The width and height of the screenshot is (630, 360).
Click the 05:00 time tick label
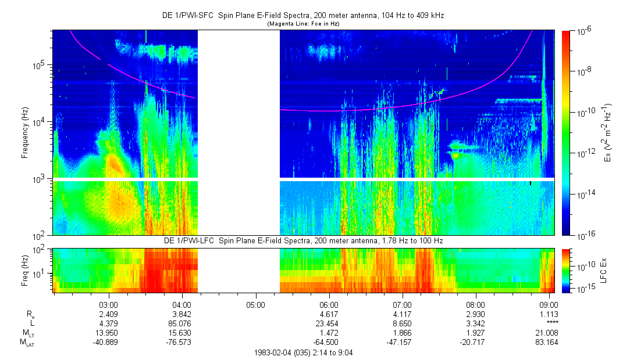tap(255, 304)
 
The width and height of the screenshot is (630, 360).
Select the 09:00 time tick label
tap(549, 304)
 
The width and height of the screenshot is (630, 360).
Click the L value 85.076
tap(182, 323)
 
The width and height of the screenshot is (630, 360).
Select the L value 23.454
tap(329, 323)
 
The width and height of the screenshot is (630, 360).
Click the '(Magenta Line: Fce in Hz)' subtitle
tap(303, 24)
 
